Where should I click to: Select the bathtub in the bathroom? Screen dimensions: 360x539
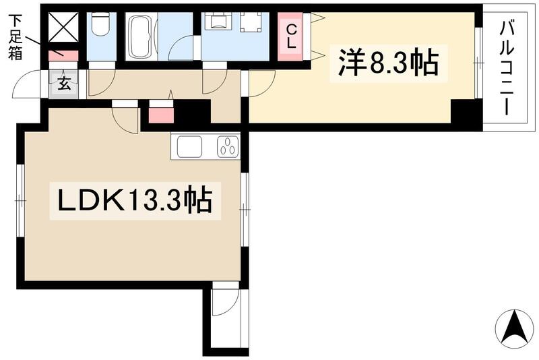pos(141,37)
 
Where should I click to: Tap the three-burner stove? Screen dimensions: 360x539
pos(228,146)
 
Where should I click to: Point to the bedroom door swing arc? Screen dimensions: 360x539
pos(263,82)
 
